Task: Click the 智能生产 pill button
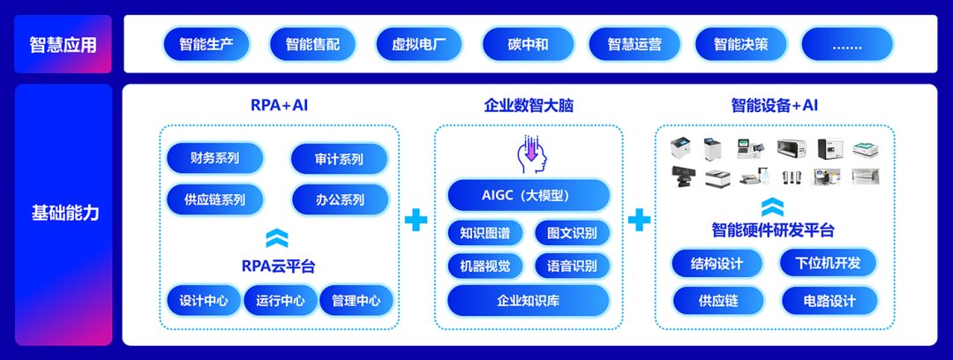coord(206,44)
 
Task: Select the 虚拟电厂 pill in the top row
coord(417,44)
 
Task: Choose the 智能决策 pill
coord(739,44)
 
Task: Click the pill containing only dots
coord(846,44)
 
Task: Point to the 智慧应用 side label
coord(63,44)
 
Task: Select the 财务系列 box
coord(214,159)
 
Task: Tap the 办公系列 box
coord(340,199)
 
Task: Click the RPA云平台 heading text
coord(278,265)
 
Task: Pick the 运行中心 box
coord(280,301)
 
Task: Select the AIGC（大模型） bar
coord(528,196)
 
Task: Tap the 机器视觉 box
coord(484,266)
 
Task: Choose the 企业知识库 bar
coord(528,301)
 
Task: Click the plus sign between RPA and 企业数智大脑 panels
coord(416,220)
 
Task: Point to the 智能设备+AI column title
coord(775,105)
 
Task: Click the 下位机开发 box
coord(828,263)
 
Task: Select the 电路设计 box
coord(829,301)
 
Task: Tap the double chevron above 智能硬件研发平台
coord(772,206)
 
